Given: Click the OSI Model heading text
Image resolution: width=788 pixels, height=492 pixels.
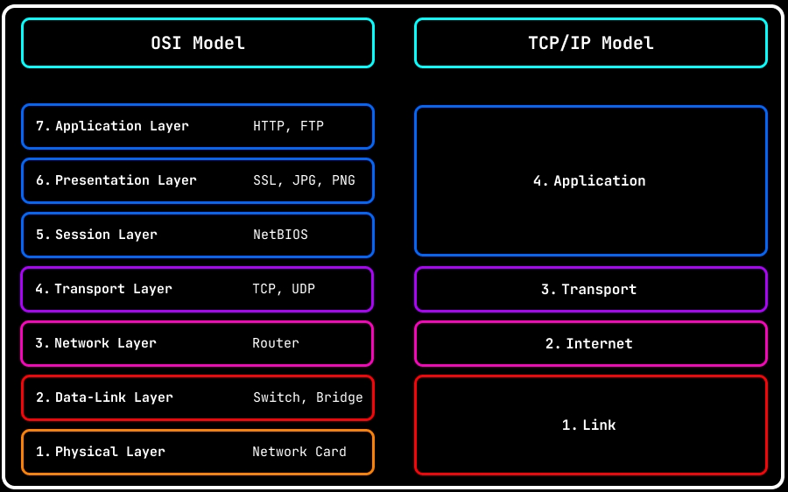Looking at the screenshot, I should coord(198,43).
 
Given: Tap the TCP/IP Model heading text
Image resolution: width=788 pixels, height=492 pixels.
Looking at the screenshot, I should coord(591,43).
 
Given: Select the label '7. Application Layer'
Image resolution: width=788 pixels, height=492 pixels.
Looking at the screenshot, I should coord(112,126).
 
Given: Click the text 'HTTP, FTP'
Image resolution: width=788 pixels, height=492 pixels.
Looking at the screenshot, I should coord(288,126).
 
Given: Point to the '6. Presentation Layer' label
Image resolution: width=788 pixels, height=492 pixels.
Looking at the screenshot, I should coord(116,180).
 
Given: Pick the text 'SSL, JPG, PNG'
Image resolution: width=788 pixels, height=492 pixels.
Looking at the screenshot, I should coord(304,180).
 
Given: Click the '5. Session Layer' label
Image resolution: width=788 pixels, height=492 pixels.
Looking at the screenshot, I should coord(96,235).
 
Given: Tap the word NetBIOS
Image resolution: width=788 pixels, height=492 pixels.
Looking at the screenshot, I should coord(280,235).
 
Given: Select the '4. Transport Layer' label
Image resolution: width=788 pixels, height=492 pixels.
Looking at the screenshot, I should coord(103,289).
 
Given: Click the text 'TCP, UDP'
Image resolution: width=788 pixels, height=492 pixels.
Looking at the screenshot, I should coord(284,289).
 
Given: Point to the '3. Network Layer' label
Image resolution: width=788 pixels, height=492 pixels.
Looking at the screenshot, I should coord(95,343).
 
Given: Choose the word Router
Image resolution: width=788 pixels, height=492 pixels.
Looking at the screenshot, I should coord(275,343).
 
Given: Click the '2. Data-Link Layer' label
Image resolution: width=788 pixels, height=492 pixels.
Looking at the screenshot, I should coord(104,397).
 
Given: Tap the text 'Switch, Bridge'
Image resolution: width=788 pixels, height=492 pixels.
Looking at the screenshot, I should coord(307,397).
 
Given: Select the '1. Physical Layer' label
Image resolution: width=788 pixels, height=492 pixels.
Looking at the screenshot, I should coord(100,452).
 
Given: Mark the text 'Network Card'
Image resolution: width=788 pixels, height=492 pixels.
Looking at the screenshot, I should coord(299,452).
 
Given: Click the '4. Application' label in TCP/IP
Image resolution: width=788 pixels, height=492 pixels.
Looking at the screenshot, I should coord(589,181).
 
